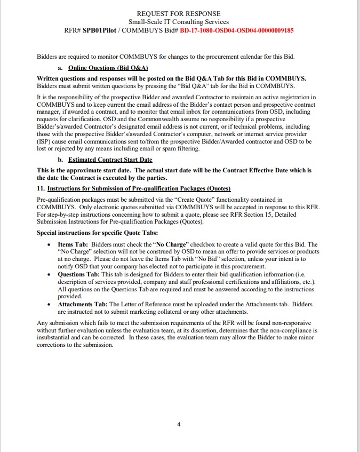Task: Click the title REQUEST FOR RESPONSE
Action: tap(179, 13)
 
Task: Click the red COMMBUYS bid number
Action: tap(237, 30)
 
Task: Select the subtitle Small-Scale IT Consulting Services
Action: tap(179, 22)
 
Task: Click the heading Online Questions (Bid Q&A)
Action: tap(108, 68)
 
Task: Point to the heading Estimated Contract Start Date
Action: tap(110, 160)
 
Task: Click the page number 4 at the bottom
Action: tap(179, 425)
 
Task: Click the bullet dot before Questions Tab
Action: tap(50, 275)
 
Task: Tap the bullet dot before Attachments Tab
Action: tap(50, 305)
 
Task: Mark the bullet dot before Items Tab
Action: tap(50, 245)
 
